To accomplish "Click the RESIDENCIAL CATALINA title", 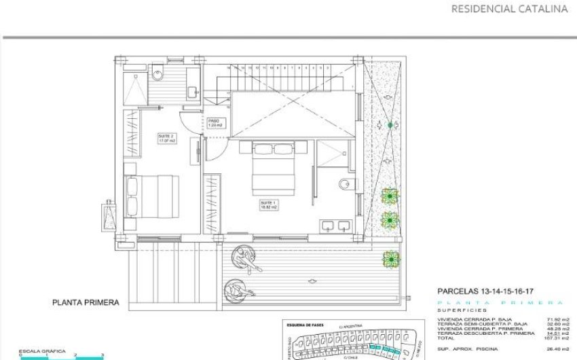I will coord(509,10).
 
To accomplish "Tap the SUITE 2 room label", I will coord(166,139).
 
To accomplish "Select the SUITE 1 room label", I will coord(269,204).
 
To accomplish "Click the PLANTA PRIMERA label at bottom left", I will coord(86,302).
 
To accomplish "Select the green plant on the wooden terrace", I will coord(390,258).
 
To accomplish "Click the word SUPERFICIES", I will coord(458,309).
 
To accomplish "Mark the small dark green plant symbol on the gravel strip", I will coord(390,125).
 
